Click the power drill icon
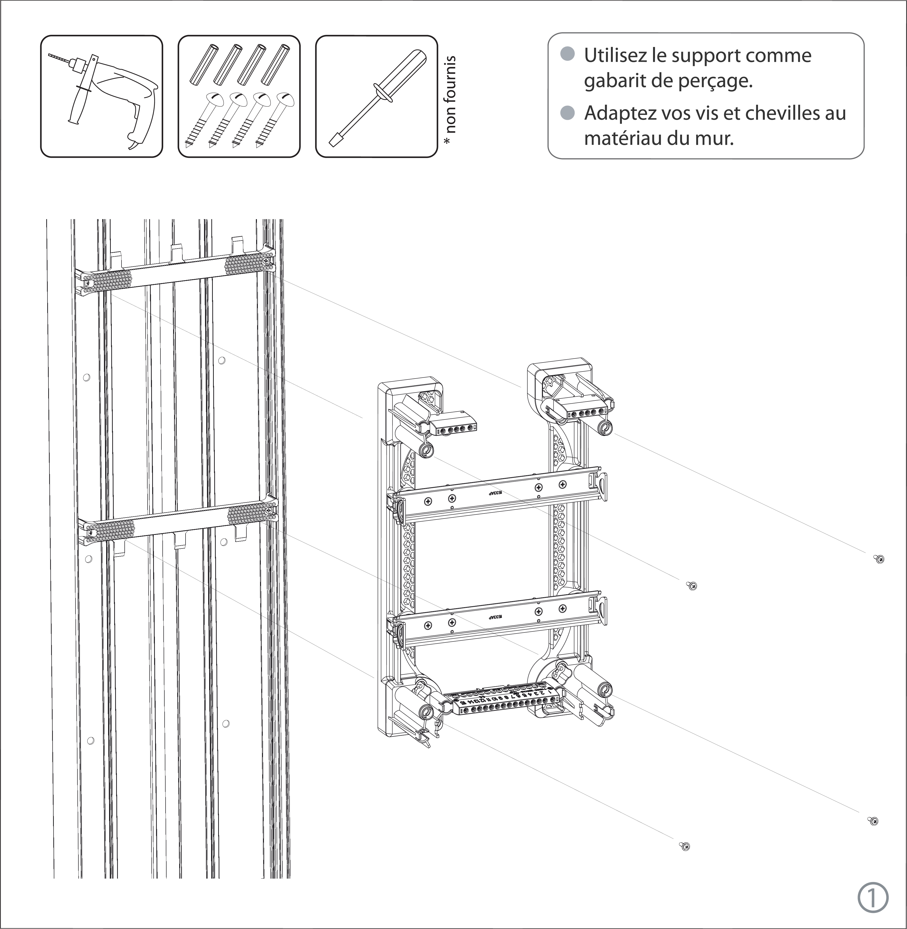pyautogui.click(x=102, y=96)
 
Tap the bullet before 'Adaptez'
pyautogui.click(x=567, y=113)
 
